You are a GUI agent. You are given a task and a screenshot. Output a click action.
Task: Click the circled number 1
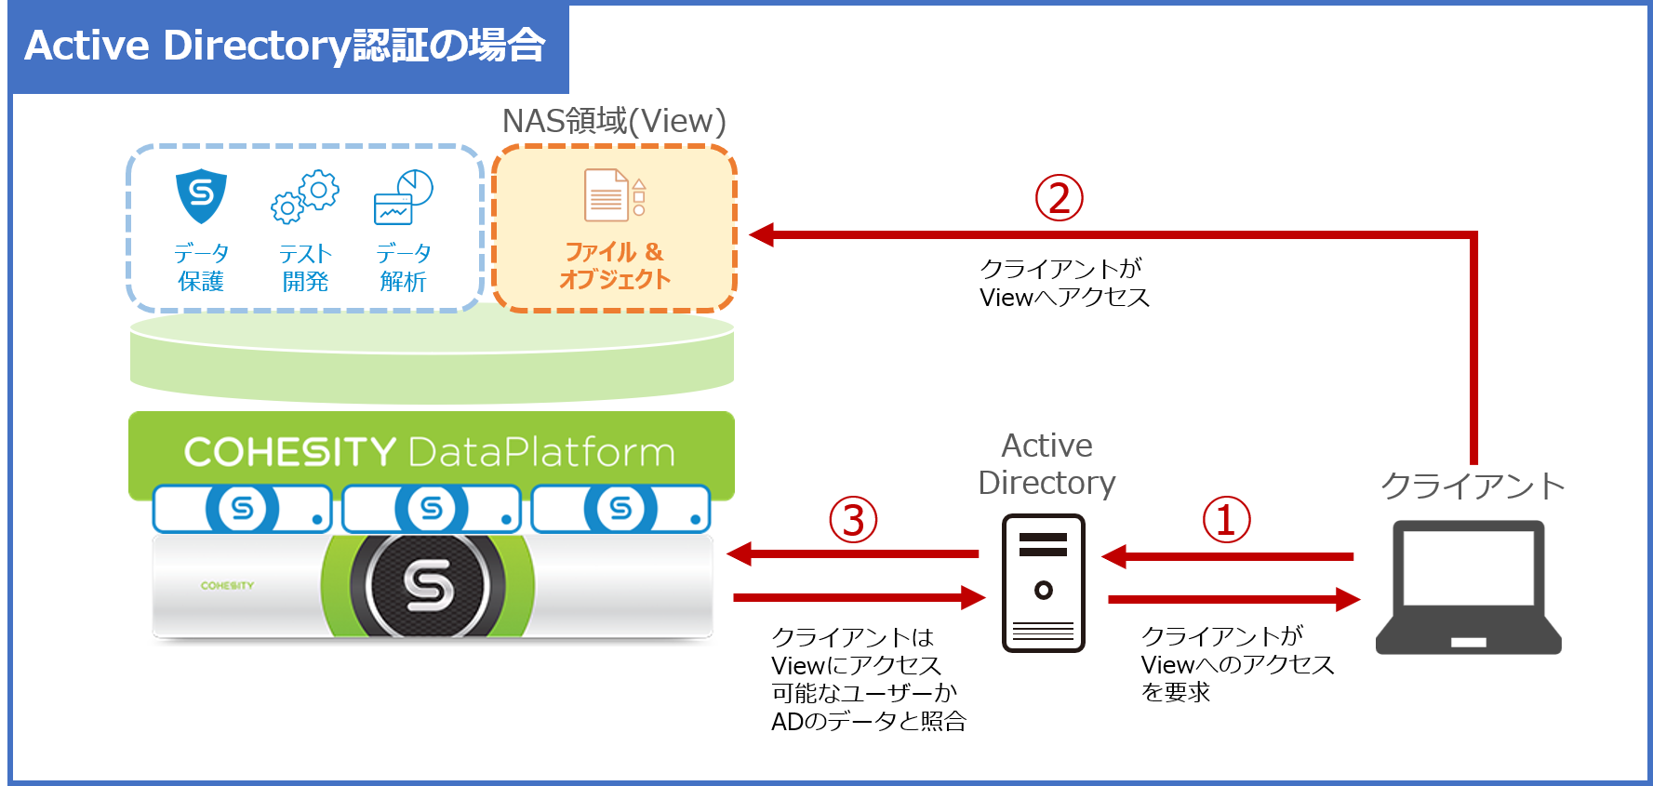[1226, 520]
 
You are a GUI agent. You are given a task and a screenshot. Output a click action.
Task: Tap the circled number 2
[1060, 198]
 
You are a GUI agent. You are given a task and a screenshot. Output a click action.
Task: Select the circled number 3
[853, 520]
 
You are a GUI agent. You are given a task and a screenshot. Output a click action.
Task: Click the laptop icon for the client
[1468, 587]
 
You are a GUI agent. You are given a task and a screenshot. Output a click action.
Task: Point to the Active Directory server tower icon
[1044, 582]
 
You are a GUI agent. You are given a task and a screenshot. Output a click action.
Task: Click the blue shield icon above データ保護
[201, 195]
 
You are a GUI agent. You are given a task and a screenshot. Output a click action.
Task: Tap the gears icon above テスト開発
[305, 196]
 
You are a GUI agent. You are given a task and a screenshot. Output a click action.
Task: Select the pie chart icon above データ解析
[404, 196]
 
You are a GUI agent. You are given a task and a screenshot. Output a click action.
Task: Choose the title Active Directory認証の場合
[285, 46]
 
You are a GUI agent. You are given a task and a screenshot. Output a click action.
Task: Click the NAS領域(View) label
[614, 121]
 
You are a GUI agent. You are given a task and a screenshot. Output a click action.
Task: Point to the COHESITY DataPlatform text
[430, 452]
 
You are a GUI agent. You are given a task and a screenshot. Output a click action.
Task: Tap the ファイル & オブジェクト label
[614, 265]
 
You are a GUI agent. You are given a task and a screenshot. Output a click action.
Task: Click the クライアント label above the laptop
[1473, 486]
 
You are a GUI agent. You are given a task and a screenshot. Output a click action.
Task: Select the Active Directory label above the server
[1046, 464]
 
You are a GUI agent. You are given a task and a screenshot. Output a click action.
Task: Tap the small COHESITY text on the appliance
[227, 585]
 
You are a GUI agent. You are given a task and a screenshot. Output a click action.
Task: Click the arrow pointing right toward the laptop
[1234, 600]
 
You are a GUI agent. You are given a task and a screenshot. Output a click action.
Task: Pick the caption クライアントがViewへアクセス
[1064, 283]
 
